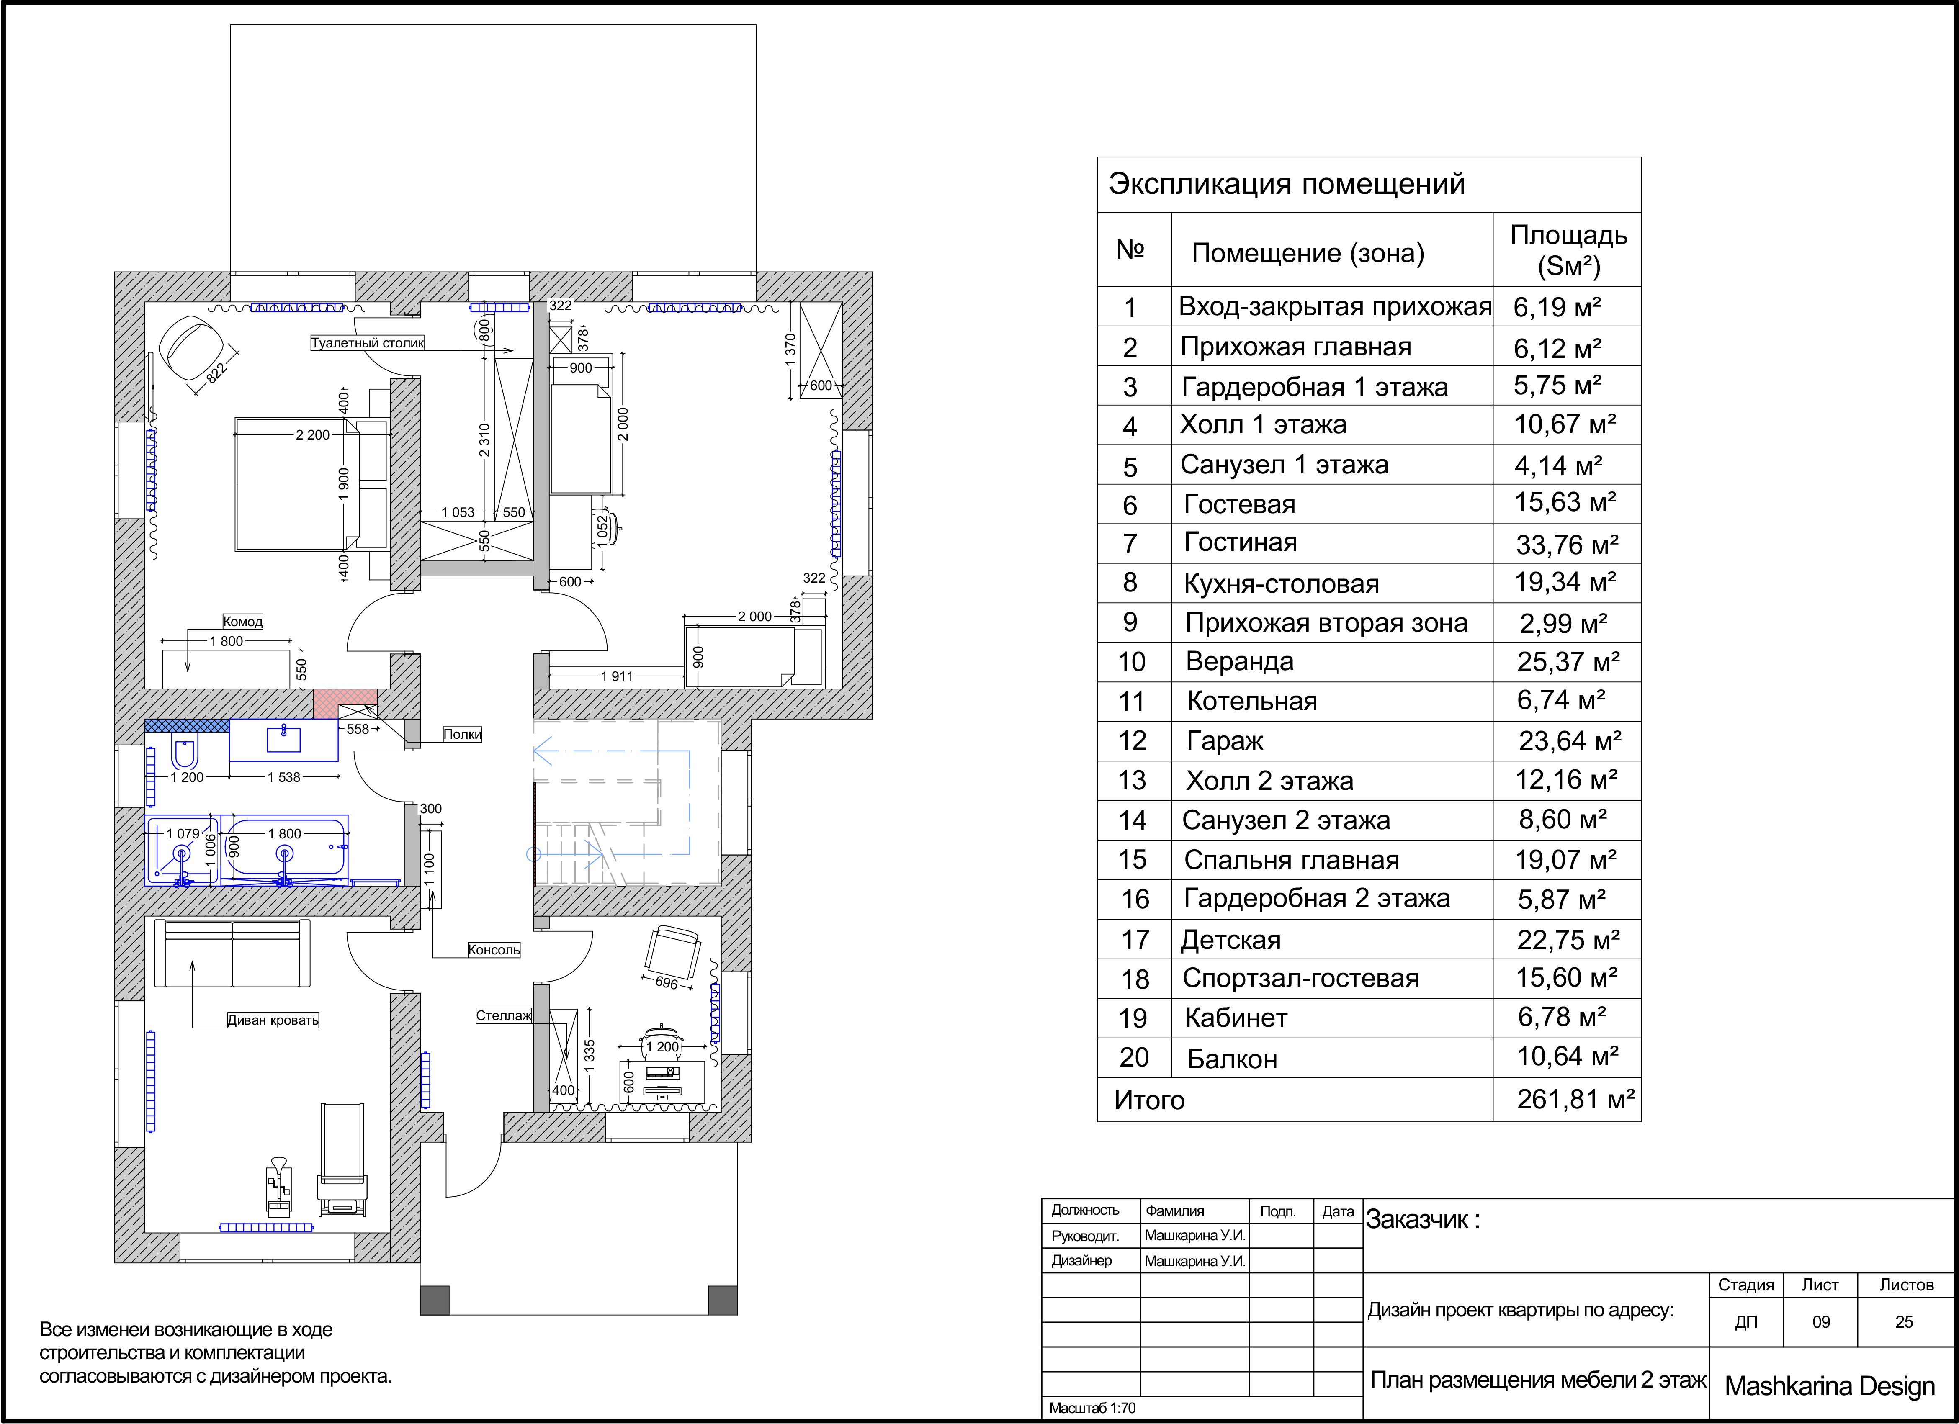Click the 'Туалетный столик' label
[367, 343]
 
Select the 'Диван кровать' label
[273, 1020]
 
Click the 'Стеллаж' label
[504, 1015]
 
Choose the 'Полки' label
[462, 734]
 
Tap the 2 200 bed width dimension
[313, 434]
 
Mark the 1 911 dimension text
[617, 676]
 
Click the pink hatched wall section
[345, 703]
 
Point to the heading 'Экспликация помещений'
[1287, 184]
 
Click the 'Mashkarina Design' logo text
[1830, 1386]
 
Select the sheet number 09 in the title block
[1821, 1322]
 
